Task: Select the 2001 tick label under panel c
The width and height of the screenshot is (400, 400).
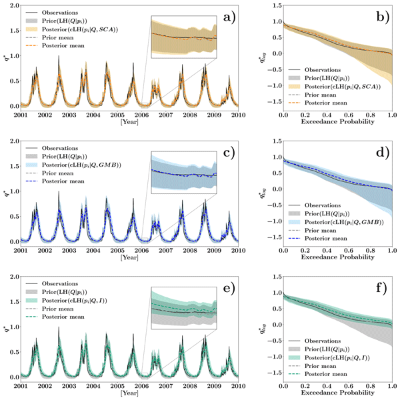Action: click(x=21, y=250)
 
